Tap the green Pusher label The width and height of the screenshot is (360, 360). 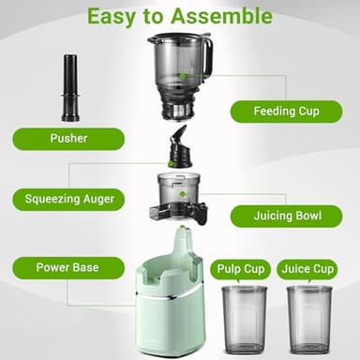pos(68,139)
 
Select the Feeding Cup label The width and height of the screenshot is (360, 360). pos(285,111)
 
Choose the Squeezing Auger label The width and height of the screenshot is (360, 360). pos(68,199)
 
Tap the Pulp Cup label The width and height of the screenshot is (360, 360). pos(240,269)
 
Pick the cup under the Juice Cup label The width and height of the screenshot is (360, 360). pos(308,319)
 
